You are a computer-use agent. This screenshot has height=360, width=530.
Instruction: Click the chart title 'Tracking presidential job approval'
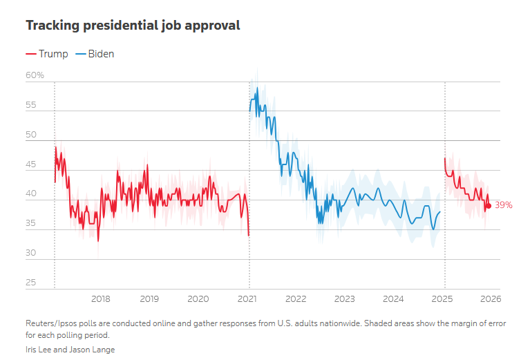point(133,26)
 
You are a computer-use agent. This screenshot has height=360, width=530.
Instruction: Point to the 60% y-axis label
point(35,75)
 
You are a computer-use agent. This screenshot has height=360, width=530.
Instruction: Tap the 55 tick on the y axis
point(31,105)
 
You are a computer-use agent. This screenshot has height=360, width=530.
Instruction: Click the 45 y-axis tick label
point(31,164)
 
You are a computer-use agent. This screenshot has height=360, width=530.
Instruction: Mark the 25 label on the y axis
point(31,283)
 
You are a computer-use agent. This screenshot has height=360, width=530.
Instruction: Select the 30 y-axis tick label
point(31,254)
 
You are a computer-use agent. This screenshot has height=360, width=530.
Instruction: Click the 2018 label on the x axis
point(101,299)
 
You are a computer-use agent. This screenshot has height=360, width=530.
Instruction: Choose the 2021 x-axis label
point(247,299)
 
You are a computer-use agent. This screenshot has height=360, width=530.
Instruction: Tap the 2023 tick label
point(345,299)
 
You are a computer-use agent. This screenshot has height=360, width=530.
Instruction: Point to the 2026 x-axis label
point(491,299)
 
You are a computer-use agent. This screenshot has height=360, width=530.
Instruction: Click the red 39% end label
point(503,206)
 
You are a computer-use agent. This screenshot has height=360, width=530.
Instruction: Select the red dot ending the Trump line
point(489,206)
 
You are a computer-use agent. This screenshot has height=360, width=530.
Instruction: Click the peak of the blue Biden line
point(257,88)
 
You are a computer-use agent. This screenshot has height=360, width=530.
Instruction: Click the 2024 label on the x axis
point(393,299)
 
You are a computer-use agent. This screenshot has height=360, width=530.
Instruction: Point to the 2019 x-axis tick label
point(149,299)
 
